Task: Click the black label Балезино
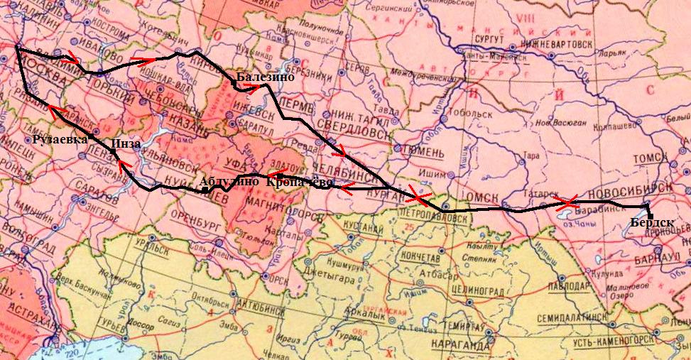click(265, 77)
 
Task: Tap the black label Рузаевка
click(59, 139)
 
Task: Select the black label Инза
click(125, 145)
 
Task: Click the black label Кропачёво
click(299, 182)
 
